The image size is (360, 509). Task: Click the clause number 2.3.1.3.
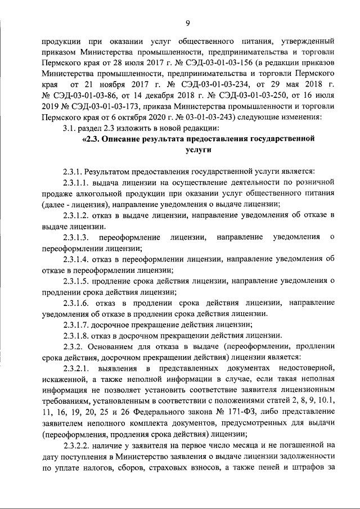pyautogui.click(x=78, y=238)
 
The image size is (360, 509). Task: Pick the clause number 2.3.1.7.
pyautogui.click(x=78, y=325)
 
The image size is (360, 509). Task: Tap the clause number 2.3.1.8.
pyautogui.click(x=78, y=336)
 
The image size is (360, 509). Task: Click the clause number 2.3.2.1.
pyautogui.click(x=78, y=368)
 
